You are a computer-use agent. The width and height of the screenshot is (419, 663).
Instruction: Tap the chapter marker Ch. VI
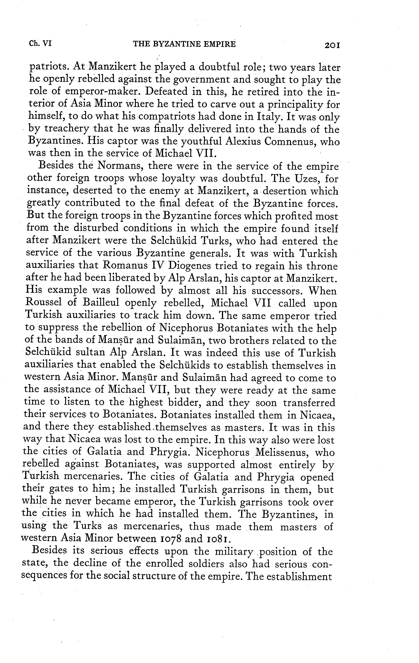pos(40,43)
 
